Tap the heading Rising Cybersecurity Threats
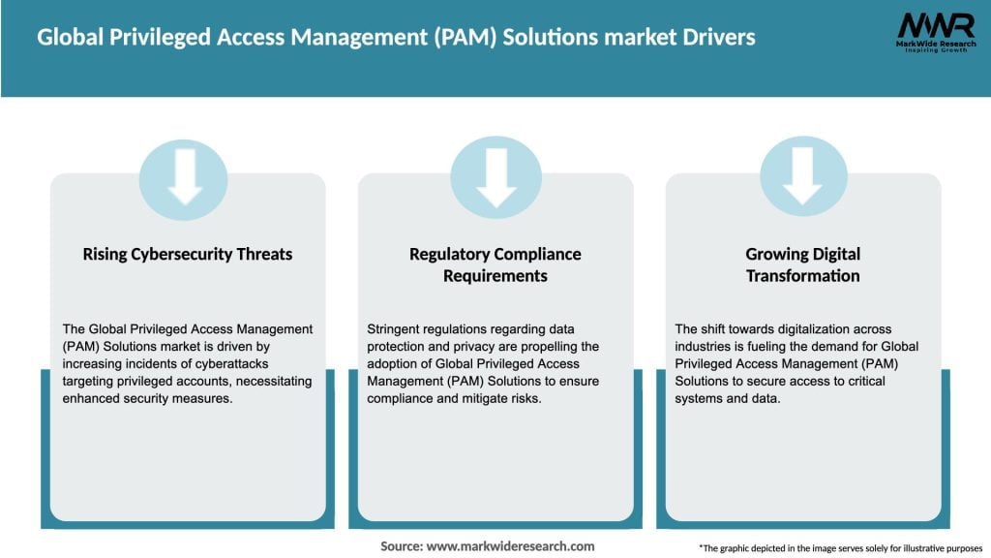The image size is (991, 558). (188, 254)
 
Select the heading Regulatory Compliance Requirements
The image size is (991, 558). (495, 264)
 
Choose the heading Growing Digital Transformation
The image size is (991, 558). (802, 264)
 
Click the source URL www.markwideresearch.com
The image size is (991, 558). (510, 546)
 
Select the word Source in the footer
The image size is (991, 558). (401, 546)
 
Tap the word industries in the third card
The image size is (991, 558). (707, 347)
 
